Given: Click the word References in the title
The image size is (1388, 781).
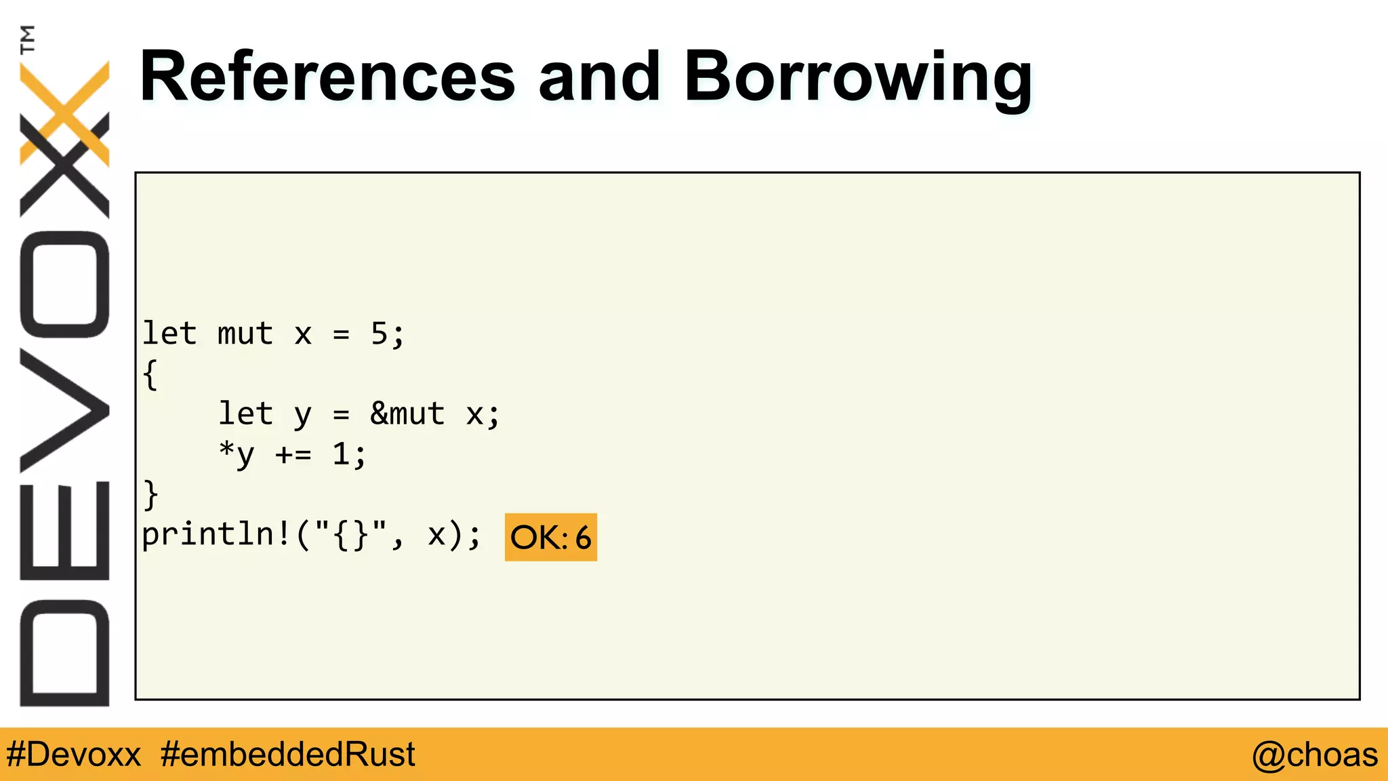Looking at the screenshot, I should pos(327,78).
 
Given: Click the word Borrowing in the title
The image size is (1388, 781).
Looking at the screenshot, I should pos(858,78).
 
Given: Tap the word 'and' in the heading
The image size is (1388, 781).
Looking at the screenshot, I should pos(599,78).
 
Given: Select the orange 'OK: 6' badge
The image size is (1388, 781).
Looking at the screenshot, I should pos(550,537).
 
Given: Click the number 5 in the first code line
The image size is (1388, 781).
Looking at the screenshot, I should pos(379,334).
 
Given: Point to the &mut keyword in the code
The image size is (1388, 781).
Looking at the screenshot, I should pos(407,414).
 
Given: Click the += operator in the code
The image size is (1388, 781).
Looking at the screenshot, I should pos(293,454).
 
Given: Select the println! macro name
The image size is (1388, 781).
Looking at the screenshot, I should pos(216,534).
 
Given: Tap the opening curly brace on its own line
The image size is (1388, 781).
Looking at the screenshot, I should pos(150,374).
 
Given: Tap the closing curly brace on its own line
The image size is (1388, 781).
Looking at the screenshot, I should pos(150,494).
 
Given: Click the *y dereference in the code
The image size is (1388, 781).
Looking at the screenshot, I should pos(236,454).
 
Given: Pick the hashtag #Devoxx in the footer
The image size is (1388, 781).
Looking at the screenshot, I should pos(73,755).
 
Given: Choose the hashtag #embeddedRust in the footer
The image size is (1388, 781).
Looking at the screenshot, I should pos(288,755).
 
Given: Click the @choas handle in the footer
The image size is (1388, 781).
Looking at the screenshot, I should pos(1314,755).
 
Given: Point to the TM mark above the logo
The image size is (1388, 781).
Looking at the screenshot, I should pos(28,39).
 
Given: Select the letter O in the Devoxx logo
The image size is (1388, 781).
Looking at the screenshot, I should pos(65,284).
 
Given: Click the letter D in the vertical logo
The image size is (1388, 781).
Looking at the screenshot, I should pos(65,652).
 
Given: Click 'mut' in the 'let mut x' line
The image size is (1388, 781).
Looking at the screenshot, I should pos(245,334).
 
